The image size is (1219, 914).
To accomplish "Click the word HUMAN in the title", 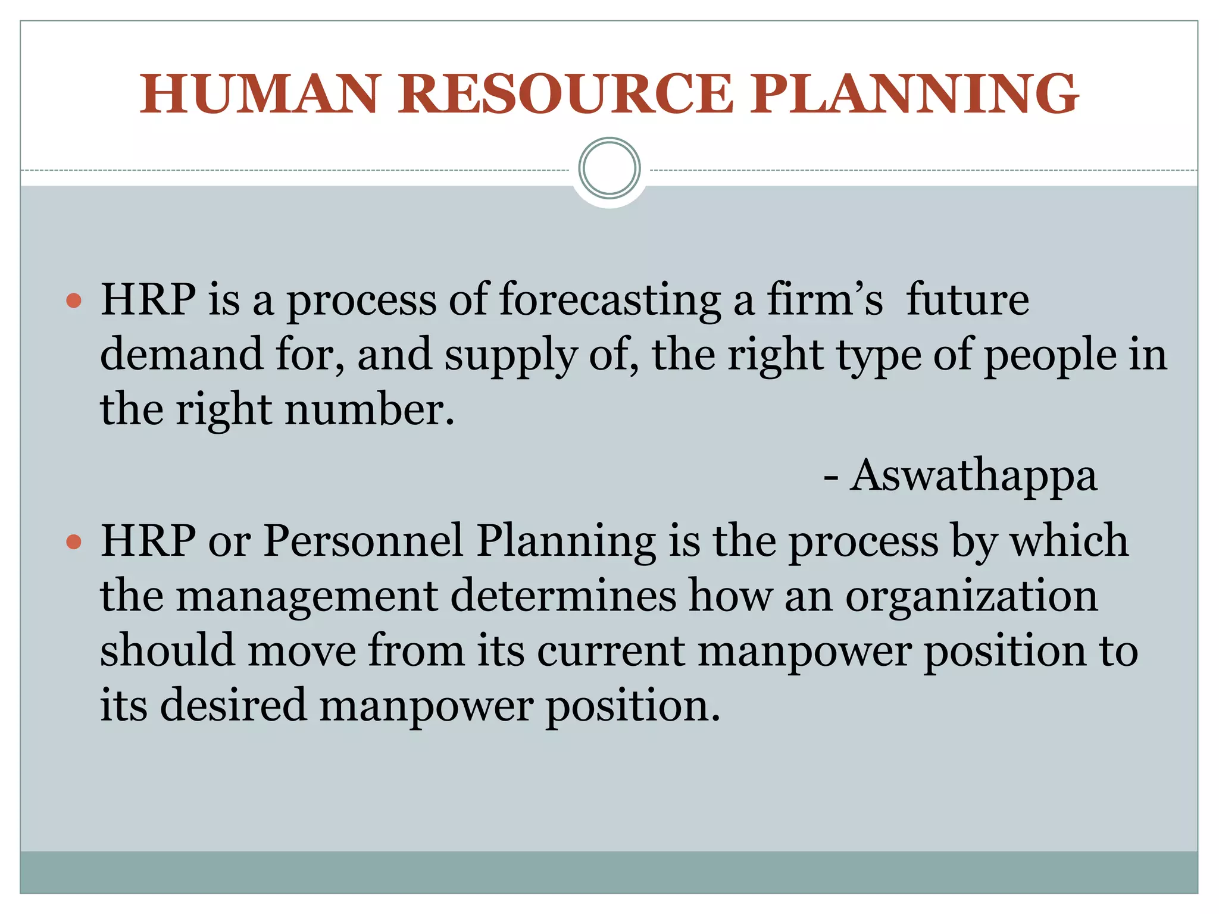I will tap(260, 94).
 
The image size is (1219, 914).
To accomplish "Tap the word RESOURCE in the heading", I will tap(565, 94).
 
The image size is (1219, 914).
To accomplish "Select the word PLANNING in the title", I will tap(914, 94).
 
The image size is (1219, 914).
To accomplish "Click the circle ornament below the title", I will tap(609, 168).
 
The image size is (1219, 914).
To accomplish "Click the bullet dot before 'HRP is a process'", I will tap(74, 301).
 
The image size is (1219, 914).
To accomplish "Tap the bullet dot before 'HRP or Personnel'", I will tap(74, 541).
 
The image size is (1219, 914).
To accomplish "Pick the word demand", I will tap(182, 354).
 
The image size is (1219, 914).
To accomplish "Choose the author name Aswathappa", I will tap(973, 476).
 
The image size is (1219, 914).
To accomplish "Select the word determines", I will tap(563, 596).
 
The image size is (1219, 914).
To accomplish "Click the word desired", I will tap(233, 706).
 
